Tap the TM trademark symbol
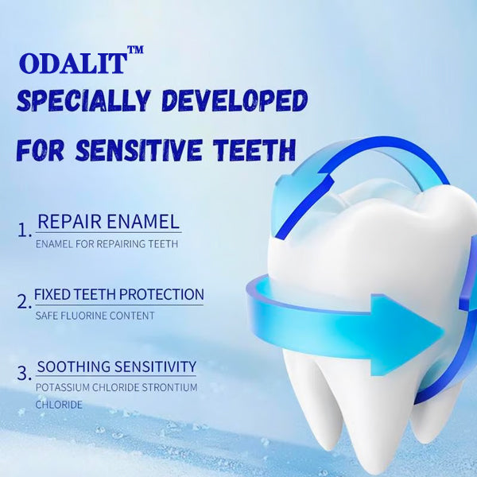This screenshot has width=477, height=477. pos(135,50)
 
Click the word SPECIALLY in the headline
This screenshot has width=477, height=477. pos(83,102)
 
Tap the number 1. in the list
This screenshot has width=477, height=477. pos(25,231)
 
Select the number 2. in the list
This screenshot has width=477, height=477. pos(25,302)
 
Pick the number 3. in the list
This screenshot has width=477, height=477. pos(25,371)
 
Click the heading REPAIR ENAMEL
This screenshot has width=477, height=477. pos(109,222)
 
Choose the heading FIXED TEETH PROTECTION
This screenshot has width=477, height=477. pos(119,294)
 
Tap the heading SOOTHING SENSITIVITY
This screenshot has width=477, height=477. pos(117,366)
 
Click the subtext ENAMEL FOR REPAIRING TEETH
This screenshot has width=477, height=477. pos(107,243)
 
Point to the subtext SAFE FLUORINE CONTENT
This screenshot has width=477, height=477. pos(95,316)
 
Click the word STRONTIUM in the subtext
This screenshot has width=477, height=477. pos(169,387)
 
